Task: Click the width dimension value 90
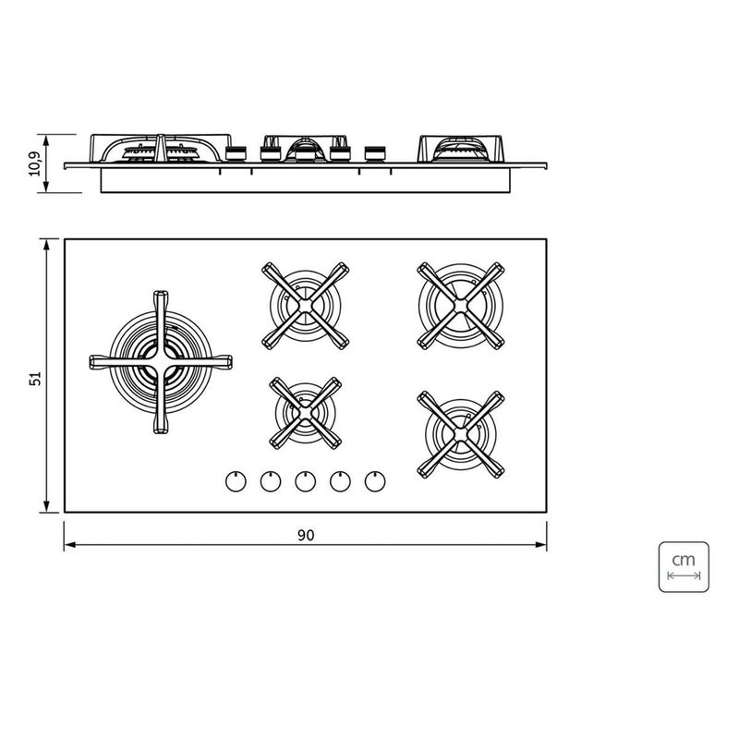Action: tap(306, 536)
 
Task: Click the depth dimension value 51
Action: tap(36, 379)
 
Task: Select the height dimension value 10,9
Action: tap(36, 164)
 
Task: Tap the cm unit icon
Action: tap(684, 566)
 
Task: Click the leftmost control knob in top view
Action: tap(236, 481)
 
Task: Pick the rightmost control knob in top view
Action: tap(375, 481)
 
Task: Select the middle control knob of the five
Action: tap(306, 481)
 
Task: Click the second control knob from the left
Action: tap(271, 481)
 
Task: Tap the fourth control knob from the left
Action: tap(340, 481)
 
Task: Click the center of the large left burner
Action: tap(161, 362)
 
